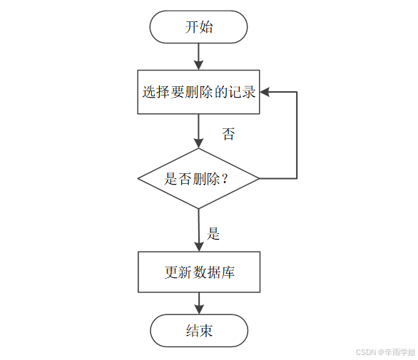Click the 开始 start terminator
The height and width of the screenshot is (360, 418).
(x=198, y=28)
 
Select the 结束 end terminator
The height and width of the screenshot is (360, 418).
(x=199, y=331)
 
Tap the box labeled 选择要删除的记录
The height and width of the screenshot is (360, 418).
(x=198, y=92)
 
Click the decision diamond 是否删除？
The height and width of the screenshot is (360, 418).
(x=198, y=179)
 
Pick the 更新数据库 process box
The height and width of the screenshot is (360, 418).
(x=199, y=272)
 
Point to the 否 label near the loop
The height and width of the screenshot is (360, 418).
(x=228, y=134)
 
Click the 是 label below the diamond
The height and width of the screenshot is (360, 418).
(x=213, y=233)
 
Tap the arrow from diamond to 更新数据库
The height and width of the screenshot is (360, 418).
(x=199, y=230)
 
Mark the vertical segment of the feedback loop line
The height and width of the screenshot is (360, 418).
(x=296, y=135)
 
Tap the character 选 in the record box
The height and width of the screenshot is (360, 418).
(x=148, y=92)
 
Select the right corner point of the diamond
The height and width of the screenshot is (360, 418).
(x=259, y=178)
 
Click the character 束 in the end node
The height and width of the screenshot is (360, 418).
(x=206, y=331)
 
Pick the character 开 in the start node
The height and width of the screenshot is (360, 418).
(x=191, y=28)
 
